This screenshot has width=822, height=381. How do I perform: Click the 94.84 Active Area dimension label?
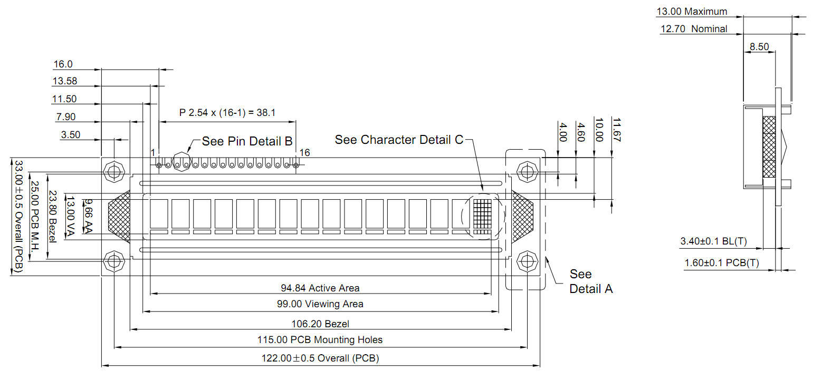tap(320, 288)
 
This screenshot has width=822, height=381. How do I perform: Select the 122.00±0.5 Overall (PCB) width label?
tap(320, 358)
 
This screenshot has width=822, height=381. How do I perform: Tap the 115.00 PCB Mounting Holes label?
tap(320, 339)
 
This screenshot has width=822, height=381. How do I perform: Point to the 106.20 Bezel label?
tap(320, 324)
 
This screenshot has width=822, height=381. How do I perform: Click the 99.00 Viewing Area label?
tap(320, 304)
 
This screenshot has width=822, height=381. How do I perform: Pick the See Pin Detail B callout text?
tap(247, 141)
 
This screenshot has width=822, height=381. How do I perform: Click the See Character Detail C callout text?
tap(399, 140)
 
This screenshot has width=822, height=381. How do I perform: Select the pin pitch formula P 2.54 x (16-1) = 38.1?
tap(227, 112)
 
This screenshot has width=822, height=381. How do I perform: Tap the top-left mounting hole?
tap(114, 171)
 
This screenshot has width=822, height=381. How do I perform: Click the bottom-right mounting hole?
tap(527, 261)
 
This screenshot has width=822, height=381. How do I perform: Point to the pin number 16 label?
tap(304, 152)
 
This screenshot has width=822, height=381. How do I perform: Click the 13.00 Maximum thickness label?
tap(692, 12)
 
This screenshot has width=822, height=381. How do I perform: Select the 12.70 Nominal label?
tap(694, 28)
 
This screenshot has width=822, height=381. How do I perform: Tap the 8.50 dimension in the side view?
tap(759, 46)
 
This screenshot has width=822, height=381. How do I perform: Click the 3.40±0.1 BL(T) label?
tap(714, 241)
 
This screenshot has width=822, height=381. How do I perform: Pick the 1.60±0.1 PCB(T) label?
tap(722, 262)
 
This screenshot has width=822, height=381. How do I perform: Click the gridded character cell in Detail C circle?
tap(482, 217)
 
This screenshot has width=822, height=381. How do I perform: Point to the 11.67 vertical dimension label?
tap(616, 130)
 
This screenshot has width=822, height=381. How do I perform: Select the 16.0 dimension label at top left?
tap(63, 64)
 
